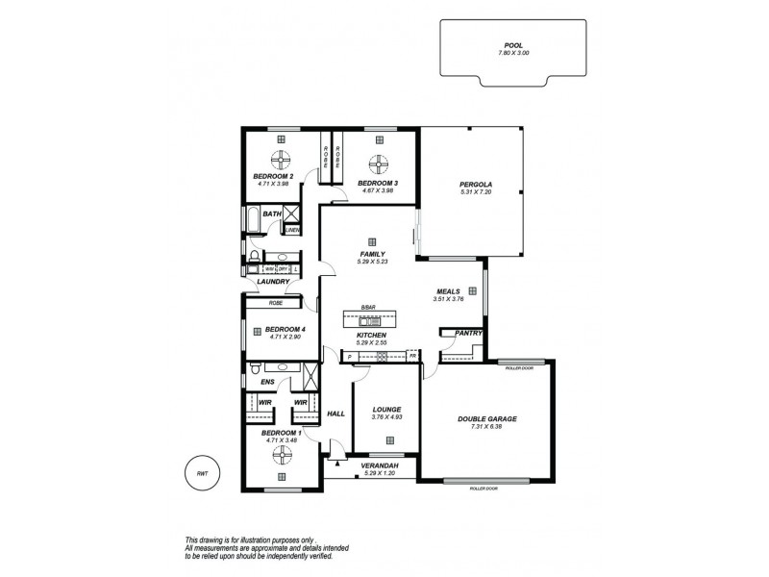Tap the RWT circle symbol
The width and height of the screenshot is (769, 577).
tap(202, 473)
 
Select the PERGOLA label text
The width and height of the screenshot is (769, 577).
tap(476, 183)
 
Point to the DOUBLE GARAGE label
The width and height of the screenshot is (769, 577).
tap(486, 418)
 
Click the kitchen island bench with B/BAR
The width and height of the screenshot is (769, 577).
tap(370, 319)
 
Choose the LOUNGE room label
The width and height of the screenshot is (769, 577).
tap(386, 410)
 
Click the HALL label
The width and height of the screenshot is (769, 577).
tap(335, 414)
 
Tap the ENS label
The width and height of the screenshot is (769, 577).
tap(268, 382)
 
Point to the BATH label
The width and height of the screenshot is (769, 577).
tap(272, 214)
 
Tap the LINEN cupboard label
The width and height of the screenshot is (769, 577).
tap(292, 230)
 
